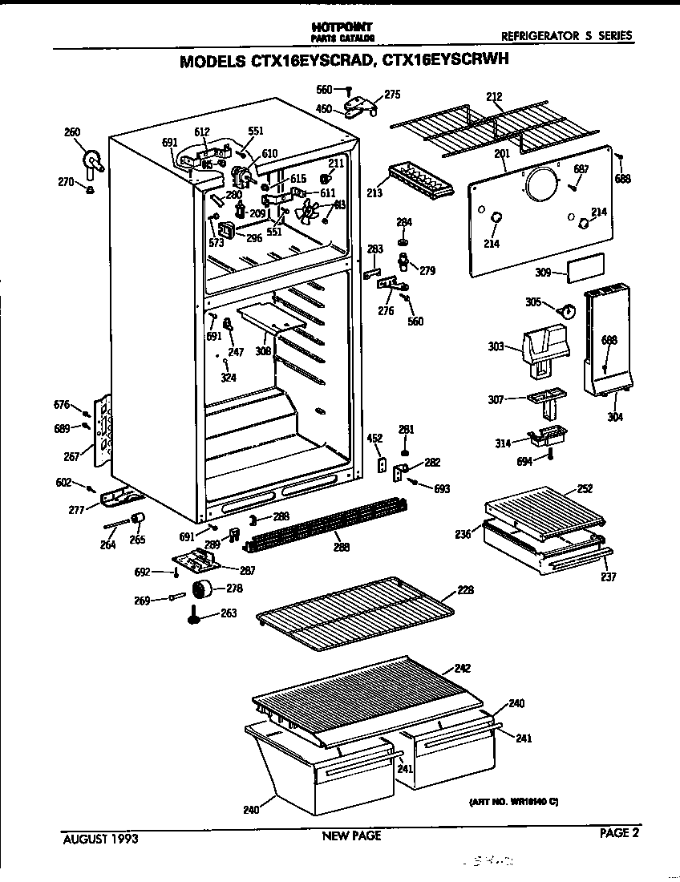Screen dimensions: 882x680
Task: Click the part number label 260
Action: tap(72, 131)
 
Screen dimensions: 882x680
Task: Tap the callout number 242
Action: tap(462, 668)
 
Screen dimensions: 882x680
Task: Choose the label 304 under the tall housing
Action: tap(616, 416)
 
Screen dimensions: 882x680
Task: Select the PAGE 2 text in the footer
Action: tap(620, 833)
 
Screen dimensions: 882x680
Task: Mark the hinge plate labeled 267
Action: tap(102, 433)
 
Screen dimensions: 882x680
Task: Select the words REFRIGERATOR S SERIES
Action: tap(566, 35)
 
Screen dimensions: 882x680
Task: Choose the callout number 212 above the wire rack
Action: tap(495, 97)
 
